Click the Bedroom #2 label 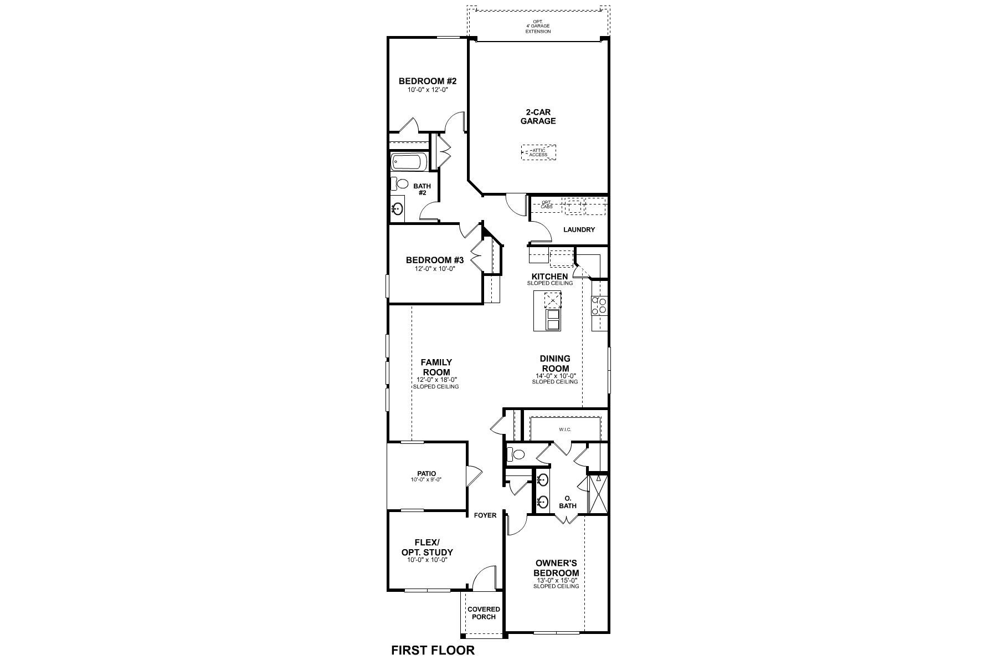click(x=428, y=81)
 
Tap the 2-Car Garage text click(x=538, y=116)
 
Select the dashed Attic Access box click(x=538, y=152)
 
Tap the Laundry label click(x=579, y=229)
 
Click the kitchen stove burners click(x=599, y=306)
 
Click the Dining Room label click(x=555, y=364)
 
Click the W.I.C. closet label click(x=564, y=429)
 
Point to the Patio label click(x=426, y=473)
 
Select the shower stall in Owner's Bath click(x=598, y=493)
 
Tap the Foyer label click(x=485, y=515)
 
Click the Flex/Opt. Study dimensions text click(x=427, y=560)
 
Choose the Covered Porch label click(x=484, y=613)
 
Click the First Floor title click(x=433, y=650)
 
